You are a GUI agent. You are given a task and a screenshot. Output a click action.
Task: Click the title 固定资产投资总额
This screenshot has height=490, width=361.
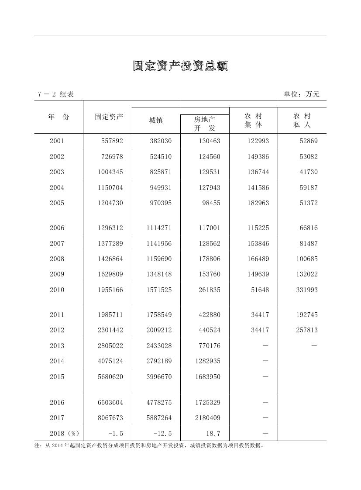[x=180, y=66]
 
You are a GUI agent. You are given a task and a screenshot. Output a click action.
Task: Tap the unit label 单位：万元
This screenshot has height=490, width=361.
[x=301, y=94]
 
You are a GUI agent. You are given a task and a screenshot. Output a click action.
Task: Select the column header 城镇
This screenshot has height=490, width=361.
[x=156, y=121]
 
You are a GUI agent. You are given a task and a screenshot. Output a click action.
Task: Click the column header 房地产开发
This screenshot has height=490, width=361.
[x=205, y=124]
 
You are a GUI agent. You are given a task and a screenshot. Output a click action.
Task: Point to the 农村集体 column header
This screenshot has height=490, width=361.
[x=253, y=121]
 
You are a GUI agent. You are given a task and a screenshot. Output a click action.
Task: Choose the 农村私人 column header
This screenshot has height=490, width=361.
[x=302, y=121]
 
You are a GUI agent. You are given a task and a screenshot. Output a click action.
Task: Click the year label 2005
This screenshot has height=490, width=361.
[x=57, y=203]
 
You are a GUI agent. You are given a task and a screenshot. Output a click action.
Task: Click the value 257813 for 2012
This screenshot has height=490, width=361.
[x=306, y=330]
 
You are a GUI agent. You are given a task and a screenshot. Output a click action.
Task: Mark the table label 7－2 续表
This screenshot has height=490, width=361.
[x=55, y=94]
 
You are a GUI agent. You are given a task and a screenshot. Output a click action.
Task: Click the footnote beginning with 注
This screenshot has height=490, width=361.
[x=149, y=446]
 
